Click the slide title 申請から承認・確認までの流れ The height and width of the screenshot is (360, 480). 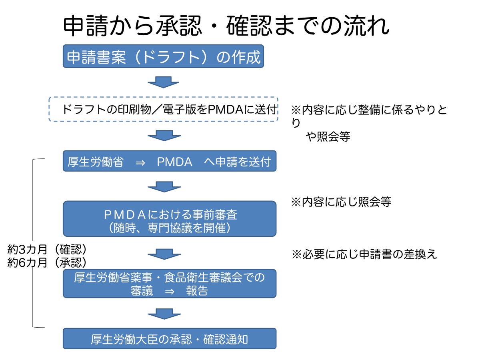pyautogui.click(x=226, y=27)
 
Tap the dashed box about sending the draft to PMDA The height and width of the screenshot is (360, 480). pyautogui.click(x=163, y=109)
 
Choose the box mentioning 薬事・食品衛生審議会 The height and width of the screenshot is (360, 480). pyautogui.click(x=169, y=283)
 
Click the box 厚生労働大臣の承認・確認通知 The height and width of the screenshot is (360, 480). pyautogui.click(x=169, y=339)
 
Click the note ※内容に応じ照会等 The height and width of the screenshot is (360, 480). pyautogui.click(x=341, y=202)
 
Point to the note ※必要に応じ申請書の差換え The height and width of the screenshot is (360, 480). pyautogui.click(x=364, y=254)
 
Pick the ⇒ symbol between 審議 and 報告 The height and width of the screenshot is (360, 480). pyautogui.click(x=169, y=291)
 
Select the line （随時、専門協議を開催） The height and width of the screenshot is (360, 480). pyautogui.click(x=169, y=228)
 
